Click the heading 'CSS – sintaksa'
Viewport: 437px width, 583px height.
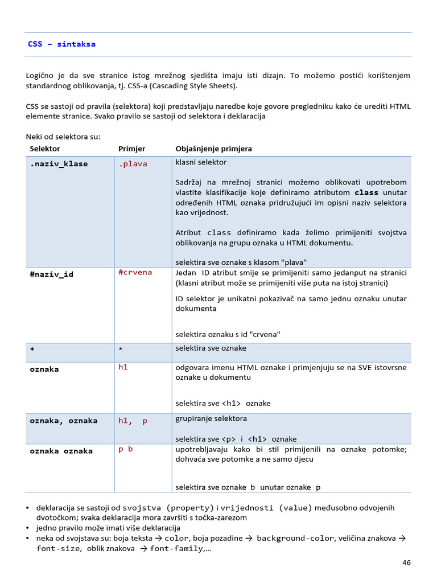[61, 44]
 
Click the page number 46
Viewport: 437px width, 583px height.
[406, 563]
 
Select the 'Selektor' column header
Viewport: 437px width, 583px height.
[45, 149]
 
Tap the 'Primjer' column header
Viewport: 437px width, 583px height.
[131, 149]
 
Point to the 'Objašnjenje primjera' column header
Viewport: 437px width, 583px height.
[213, 149]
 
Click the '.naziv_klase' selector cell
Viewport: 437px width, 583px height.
[59, 164]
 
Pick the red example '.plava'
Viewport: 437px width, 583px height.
[133, 164]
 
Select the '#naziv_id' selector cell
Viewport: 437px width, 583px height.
[51, 274]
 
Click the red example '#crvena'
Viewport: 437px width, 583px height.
[135, 272]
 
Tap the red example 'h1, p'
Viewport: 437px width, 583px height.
[133, 421]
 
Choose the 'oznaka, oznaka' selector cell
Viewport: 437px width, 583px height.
[63, 421]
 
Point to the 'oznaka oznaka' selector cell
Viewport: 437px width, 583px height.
[61, 451]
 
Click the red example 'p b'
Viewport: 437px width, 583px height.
[125, 449]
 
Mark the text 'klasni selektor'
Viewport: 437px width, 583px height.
[201, 162]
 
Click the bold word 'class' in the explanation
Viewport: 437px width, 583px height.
[366, 192]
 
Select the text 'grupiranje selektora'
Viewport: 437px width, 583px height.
[211, 418]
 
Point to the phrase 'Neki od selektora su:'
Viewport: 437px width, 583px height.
[63, 136]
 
